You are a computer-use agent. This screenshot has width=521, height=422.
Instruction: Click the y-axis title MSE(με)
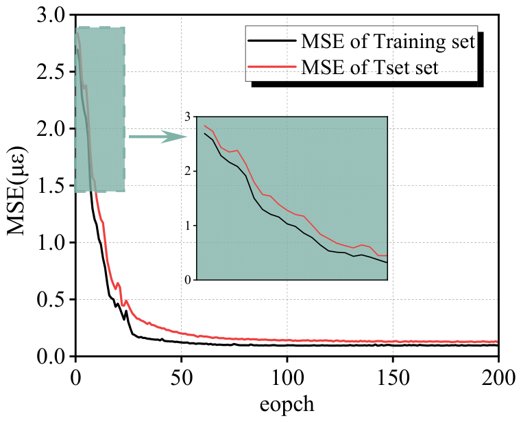point(16,191)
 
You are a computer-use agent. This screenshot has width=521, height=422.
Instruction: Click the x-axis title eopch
point(287,405)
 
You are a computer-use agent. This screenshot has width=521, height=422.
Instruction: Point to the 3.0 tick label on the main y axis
point(51,16)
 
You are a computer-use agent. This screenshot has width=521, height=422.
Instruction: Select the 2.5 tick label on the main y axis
point(51,73)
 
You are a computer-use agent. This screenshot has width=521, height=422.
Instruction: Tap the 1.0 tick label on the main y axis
point(51,243)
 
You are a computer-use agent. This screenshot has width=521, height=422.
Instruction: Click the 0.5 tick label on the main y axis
point(51,300)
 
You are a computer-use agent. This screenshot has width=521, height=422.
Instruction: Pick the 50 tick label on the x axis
point(182,378)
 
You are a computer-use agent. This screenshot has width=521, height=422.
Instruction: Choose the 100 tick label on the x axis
point(287,378)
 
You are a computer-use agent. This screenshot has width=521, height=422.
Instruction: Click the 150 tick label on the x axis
point(393,378)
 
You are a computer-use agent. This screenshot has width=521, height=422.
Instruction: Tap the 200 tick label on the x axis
point(498,378)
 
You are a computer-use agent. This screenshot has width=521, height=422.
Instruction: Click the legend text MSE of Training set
point(388,43)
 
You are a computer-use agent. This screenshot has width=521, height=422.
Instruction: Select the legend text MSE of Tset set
point(369,67)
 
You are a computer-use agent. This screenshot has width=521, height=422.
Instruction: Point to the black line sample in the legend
point(272,40)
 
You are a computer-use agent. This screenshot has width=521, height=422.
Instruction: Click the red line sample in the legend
point(272,66)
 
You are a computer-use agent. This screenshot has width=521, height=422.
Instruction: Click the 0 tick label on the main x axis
point(76,378)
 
